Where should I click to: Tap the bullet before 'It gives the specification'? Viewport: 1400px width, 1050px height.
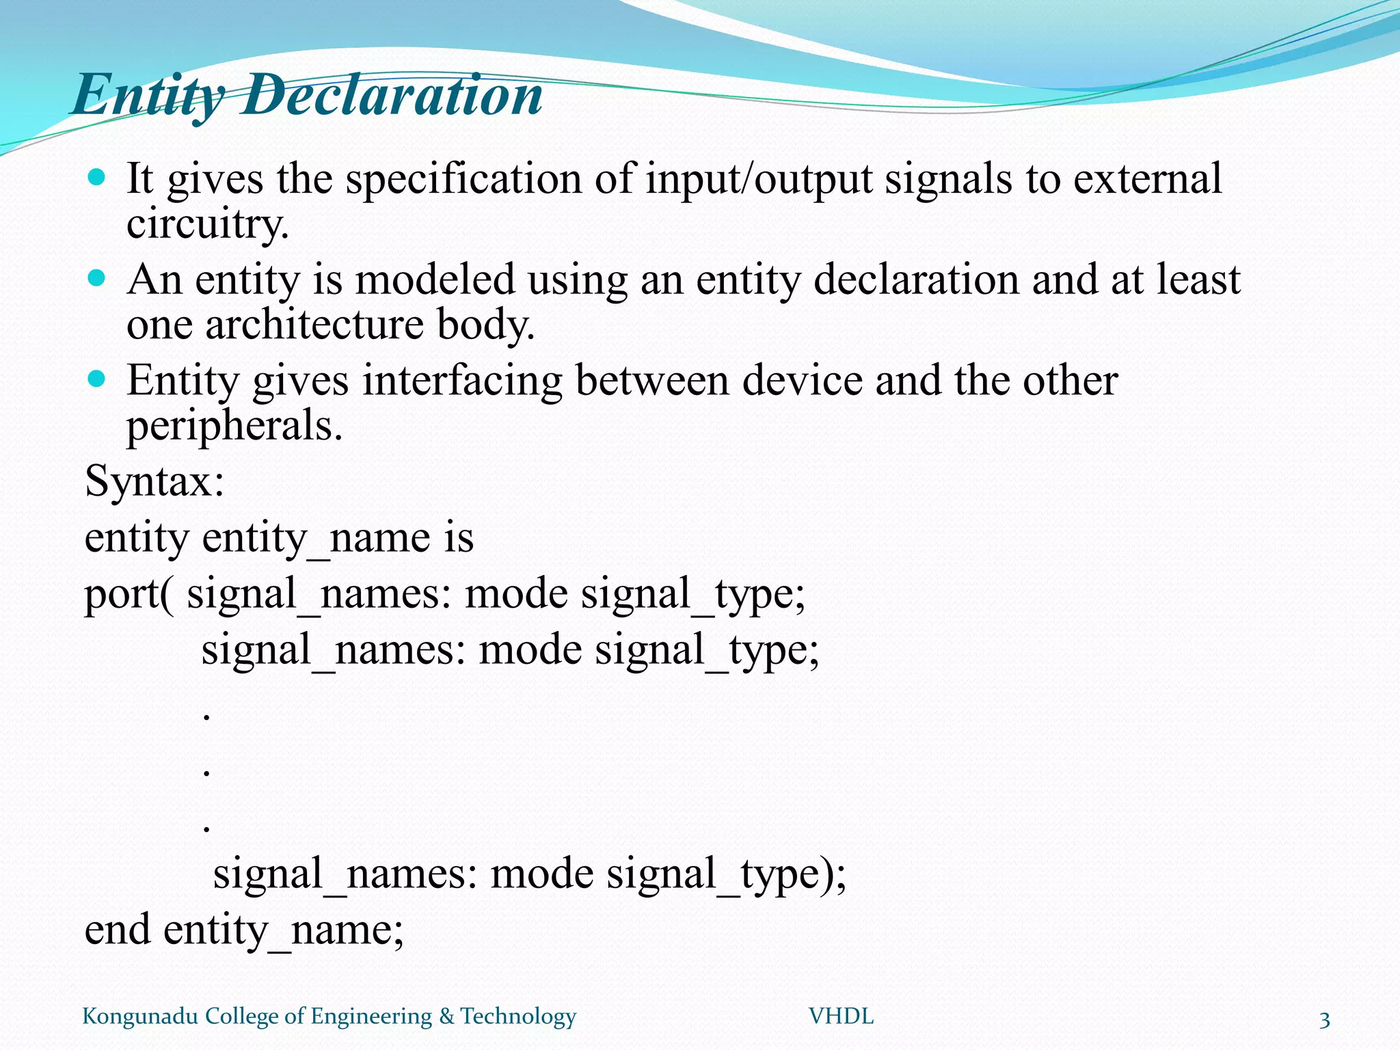point(97,178)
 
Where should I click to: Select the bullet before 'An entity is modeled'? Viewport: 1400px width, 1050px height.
point(97,279)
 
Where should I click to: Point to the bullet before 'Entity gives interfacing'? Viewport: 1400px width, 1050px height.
point(97,379)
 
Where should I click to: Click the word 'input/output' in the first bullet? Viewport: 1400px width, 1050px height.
point(759,180)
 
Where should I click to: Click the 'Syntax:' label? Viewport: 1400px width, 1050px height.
point(154,481)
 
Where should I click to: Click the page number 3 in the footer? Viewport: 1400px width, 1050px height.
point(1324,1020)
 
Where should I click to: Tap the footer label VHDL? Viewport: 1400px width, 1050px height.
point(841,1017)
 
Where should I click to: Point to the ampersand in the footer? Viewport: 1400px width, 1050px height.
point(446,1017)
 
